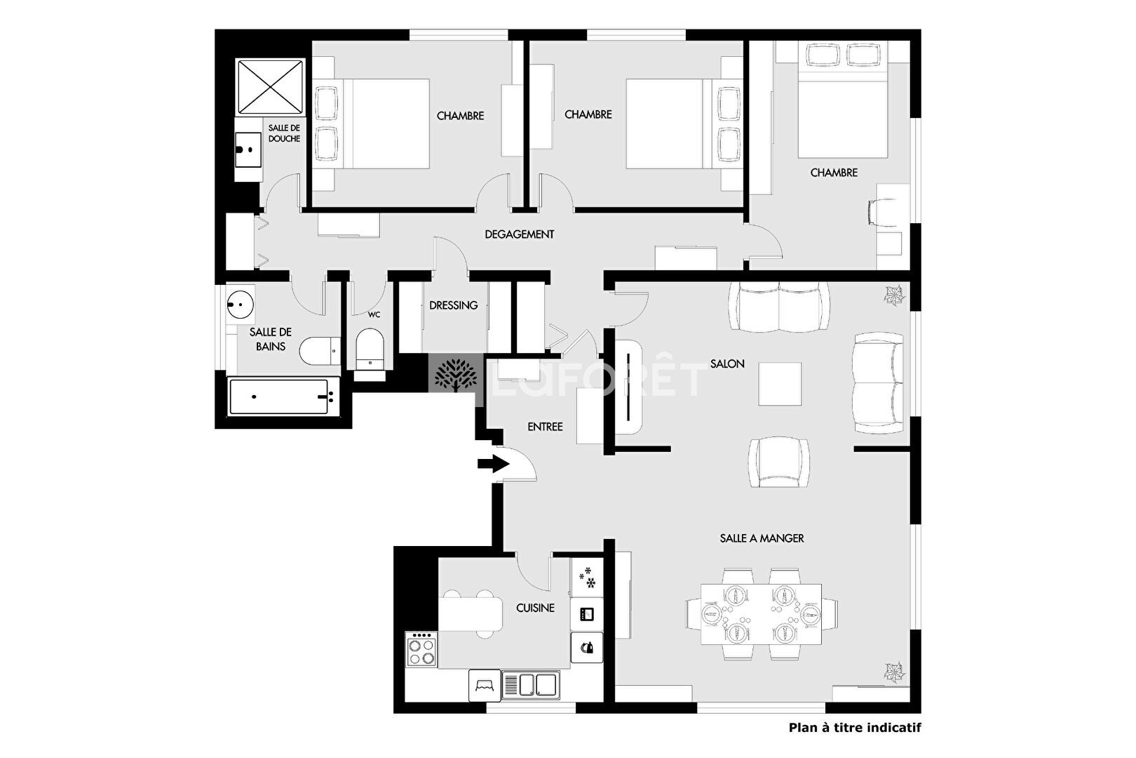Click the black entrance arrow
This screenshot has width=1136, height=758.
(494, 463)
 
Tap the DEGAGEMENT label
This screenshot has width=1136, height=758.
(520, 234)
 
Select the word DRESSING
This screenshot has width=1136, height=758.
(454, 305)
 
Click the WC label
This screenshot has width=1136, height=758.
(374, 314)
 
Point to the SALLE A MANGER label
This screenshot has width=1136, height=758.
(762, 538)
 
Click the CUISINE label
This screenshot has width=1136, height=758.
(535, 608)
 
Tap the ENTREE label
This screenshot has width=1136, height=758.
(545, 427)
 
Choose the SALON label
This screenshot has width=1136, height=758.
(727, 364)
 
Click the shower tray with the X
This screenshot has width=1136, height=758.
(270, 87)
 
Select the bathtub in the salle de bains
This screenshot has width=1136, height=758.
(283, 397)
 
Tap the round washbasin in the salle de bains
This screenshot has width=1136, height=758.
(240, 305)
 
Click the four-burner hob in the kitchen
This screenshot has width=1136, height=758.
(421, 649)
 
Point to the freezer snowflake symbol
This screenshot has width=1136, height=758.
(587, 578)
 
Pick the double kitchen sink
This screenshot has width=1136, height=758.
(531, 685)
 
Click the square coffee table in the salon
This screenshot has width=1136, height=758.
(780, 384)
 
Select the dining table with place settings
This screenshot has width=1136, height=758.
(762, 614)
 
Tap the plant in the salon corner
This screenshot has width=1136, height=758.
(894, 295)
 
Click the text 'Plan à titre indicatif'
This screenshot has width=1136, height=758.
(855, 728)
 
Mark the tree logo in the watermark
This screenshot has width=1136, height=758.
(455, 375)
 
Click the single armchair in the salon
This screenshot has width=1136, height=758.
(779, 462)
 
